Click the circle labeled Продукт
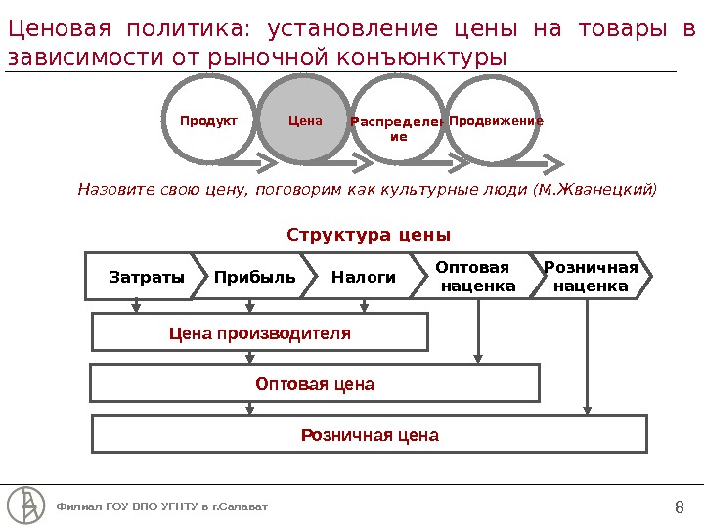[208, 121]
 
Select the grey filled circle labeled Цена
[306, 121]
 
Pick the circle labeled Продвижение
[495, 121]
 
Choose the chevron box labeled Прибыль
[254, 277]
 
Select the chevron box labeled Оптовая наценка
[475, 277]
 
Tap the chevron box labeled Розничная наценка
[590, 277]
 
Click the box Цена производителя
[260, 333]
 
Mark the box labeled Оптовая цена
[315, 384]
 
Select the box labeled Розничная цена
[370, 435]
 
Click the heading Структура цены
[369, 235]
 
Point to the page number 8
[680, 506]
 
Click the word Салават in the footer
[242, 506]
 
